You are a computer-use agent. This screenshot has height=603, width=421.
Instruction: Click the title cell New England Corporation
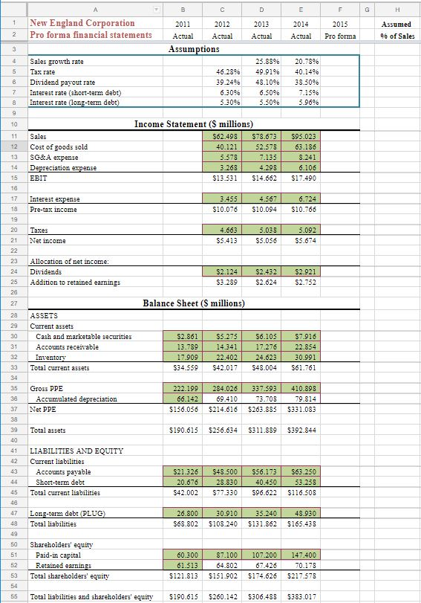82,23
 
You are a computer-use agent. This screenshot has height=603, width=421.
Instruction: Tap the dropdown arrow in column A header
157,8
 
